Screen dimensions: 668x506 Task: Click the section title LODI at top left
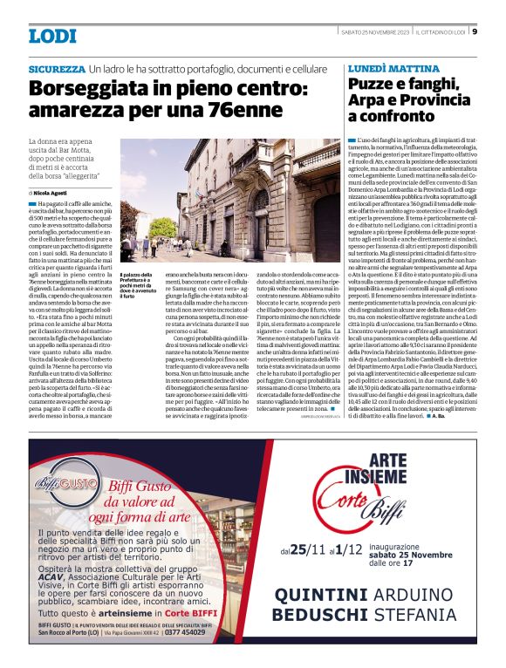[52, 36]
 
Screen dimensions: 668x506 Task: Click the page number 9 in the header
[475, 32]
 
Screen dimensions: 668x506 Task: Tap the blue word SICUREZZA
[57, 68]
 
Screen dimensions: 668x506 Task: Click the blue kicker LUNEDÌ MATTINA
[386, 67]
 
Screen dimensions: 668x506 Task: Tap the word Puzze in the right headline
[375, 85]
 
